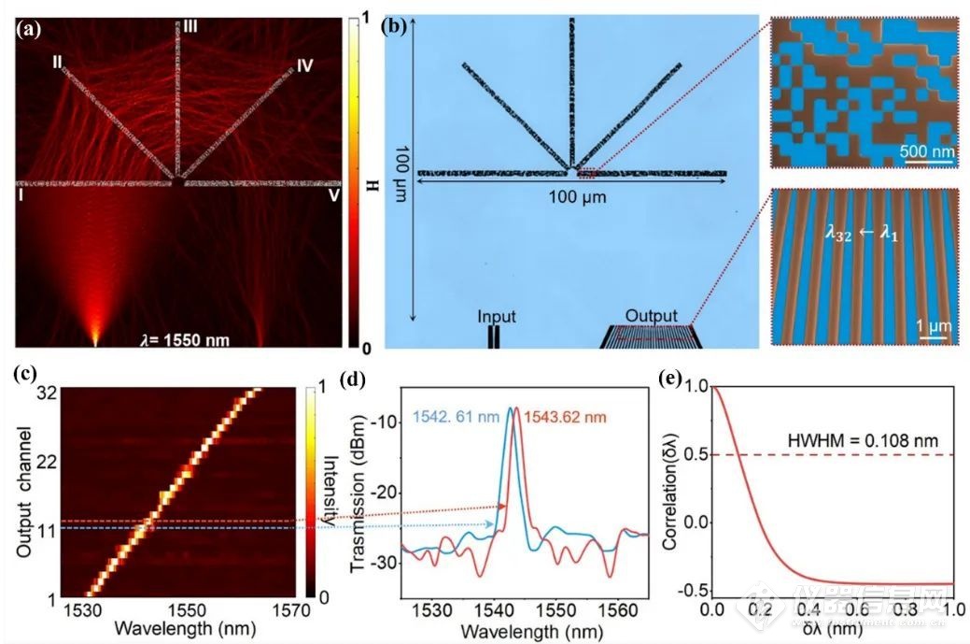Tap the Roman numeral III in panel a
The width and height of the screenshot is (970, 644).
[190, 29]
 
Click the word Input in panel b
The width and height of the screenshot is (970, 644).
[496, 316]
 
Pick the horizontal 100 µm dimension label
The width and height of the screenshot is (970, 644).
[570, 198]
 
